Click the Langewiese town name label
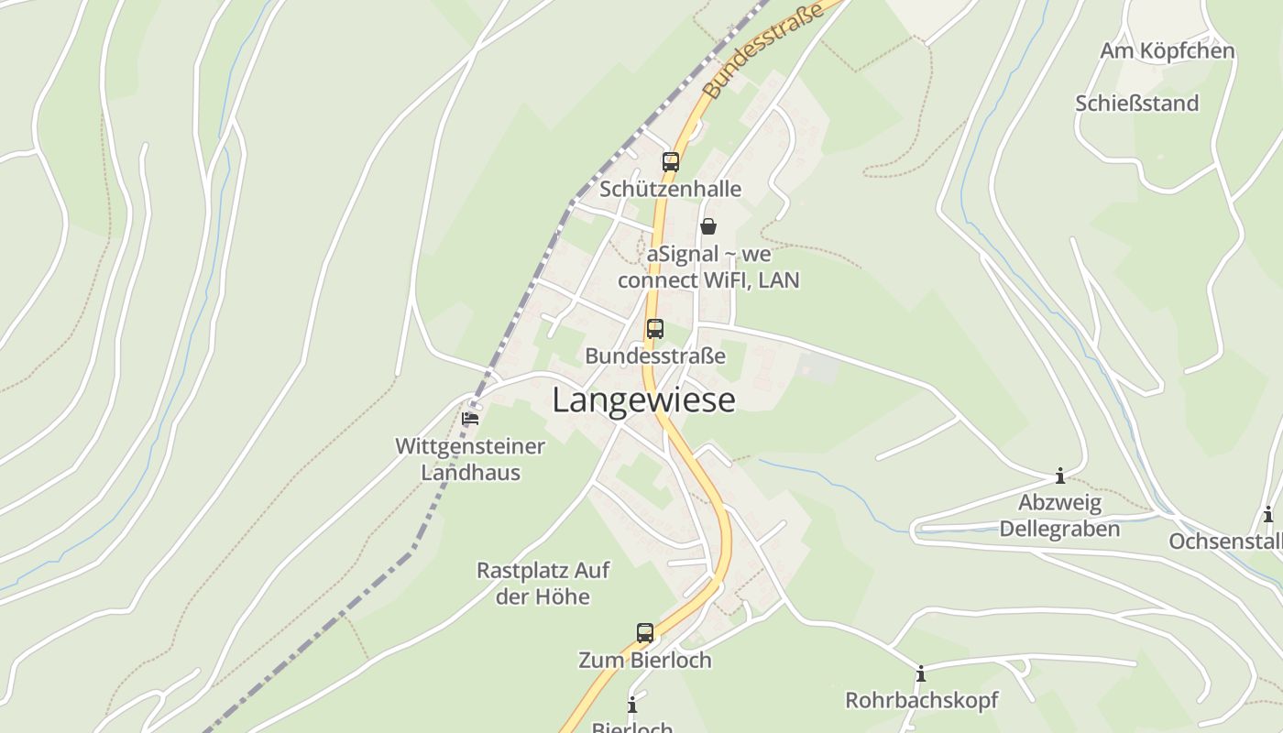(x=643, y=400)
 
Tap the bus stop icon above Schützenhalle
(x=671, y=162)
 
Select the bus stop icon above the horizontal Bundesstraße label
(x=654, y=328)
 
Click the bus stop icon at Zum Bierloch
(x=645, y=632)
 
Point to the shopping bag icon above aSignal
(x=708, y=225)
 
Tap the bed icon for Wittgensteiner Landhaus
(x=470, y=419)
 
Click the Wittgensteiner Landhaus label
(x=470, y=459)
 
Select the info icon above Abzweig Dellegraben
(x=1060, y=476)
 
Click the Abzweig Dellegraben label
(x=1059, y=516)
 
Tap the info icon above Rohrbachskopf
(x=921, y=674)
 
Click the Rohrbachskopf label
(x=921, y=700)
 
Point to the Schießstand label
(x=1136, y=104)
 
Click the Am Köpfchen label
(x=1167, y=51)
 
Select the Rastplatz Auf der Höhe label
(x=543, y=584)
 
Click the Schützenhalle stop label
(x=670, y=189)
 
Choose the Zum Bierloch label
(x=644, y=660)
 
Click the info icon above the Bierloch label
(x=631, y=705)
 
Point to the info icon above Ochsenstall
(x=1268, y=515)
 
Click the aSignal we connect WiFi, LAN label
(x=708, y=267)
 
